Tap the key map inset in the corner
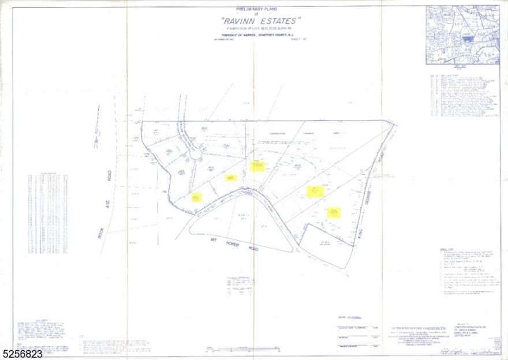tap(462, 34)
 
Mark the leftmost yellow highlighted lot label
tap(197, 197)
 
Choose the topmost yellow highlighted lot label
tap(257, 166)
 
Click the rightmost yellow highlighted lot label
tap(334, 213)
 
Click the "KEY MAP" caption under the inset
tap(462, 67)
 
